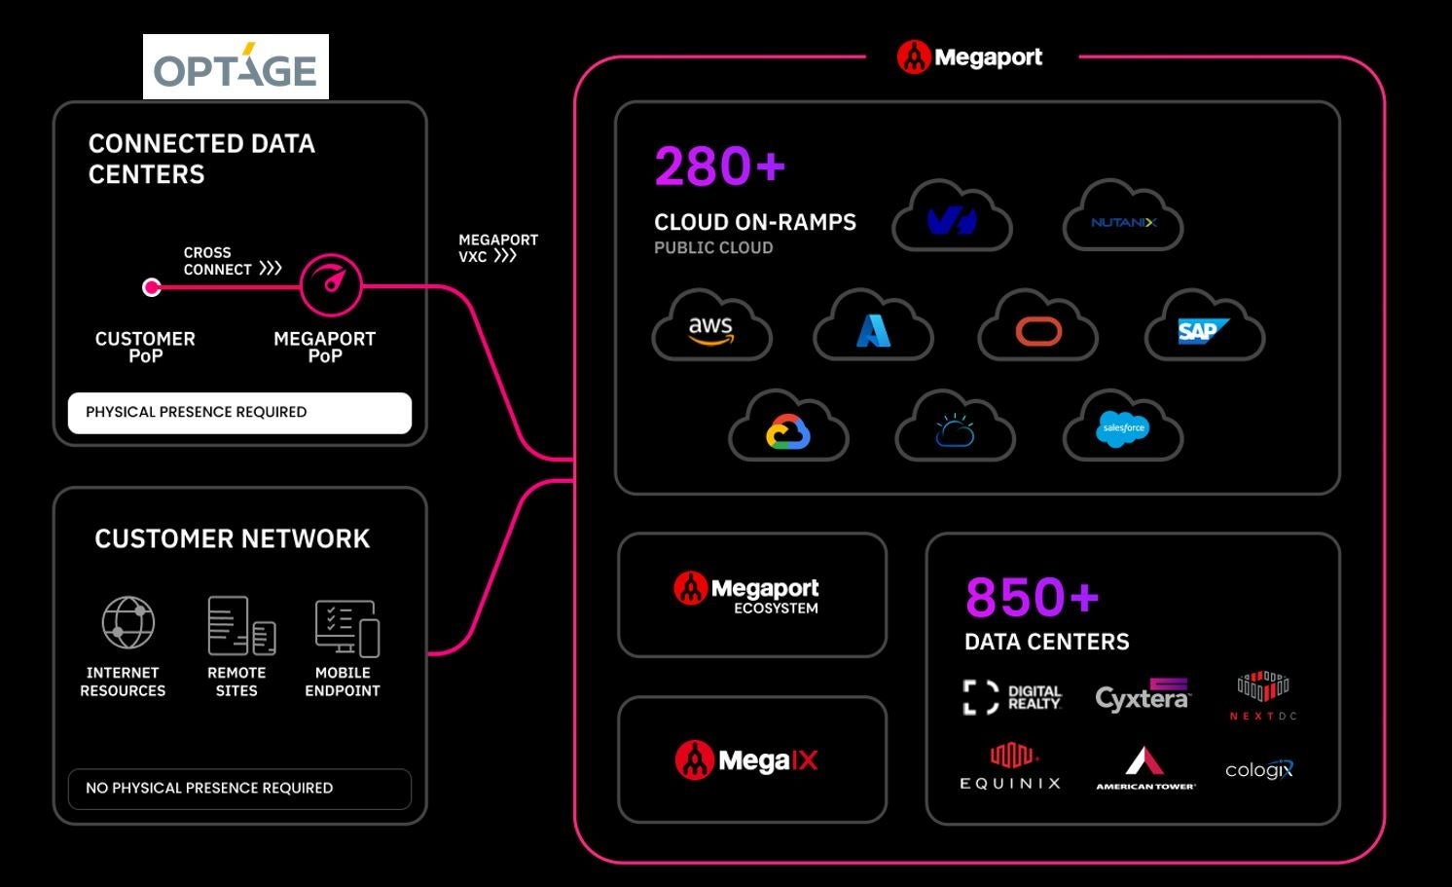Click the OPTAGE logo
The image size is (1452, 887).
pos(236,67)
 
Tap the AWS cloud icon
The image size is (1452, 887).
pos(711,327)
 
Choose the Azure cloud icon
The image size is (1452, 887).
pos(873,327)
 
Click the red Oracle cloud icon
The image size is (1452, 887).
pos(1038,327)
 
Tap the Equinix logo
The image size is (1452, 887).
pos(1010,766)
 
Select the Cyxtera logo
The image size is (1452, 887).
pos(1143,695)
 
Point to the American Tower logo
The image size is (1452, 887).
pos(1145,767)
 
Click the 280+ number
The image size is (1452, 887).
pos(719,166)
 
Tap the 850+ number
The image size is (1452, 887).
pos(1032,597)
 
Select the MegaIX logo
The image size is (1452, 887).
pos(747,759)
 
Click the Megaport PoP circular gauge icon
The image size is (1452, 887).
pos(331,285)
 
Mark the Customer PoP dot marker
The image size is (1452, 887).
pos(152,287)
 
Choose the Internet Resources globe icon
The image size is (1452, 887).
pos(128,623)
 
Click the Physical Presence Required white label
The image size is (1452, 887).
pos(239,413)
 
